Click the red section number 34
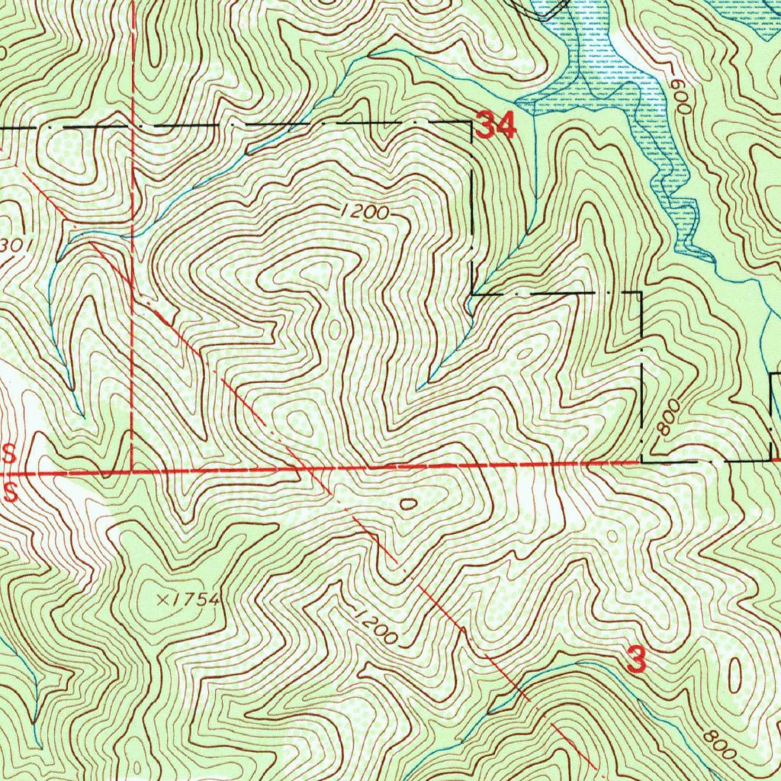coord(497,126)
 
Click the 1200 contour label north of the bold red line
coord(365,213)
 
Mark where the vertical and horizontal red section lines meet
coord(133,471)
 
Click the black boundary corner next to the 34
coord(471,122)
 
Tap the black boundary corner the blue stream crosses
coord(473,294)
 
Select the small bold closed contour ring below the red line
coord(408,503)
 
